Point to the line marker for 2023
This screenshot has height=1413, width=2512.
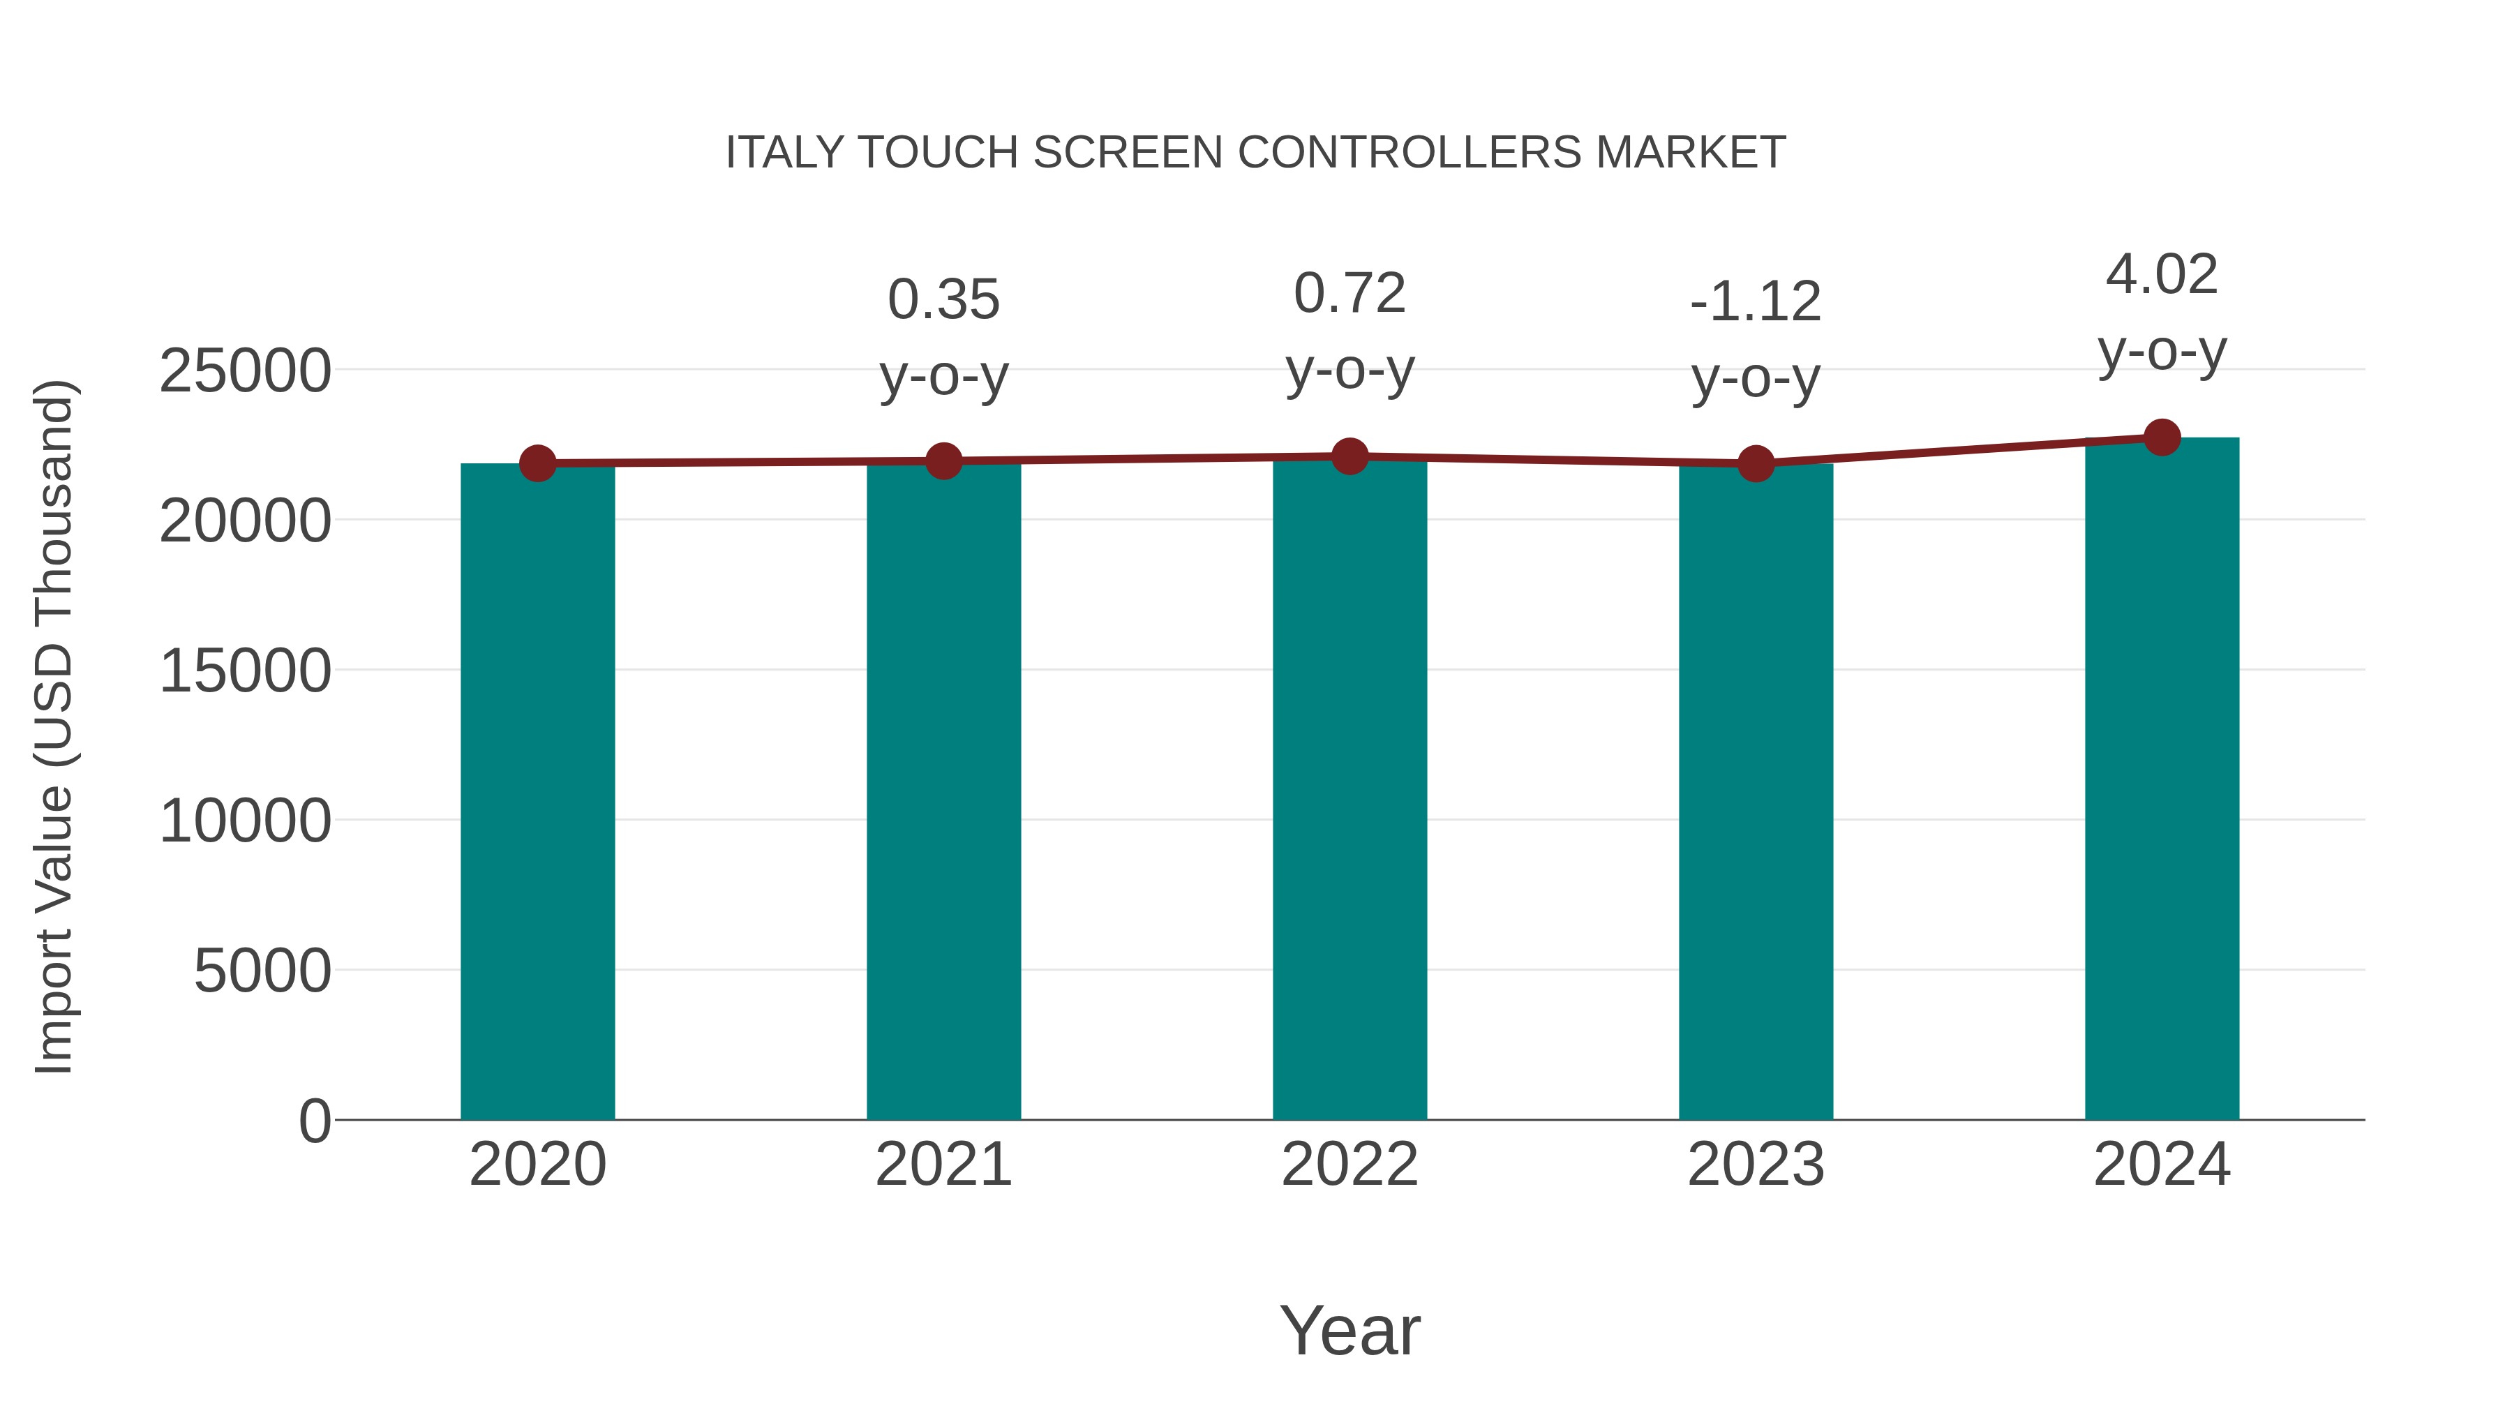[x=1756, y=464]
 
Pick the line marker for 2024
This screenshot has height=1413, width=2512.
[x=2162, y=438]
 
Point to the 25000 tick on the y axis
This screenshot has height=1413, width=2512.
[x=245, y=371]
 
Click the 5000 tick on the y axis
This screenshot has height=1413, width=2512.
[x=262, y=971]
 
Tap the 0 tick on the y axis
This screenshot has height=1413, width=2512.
[x=315, y=1121]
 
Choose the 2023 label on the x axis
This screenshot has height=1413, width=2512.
[x=1756, y=1165]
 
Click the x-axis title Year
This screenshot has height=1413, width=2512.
[x=1350, y=1331]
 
